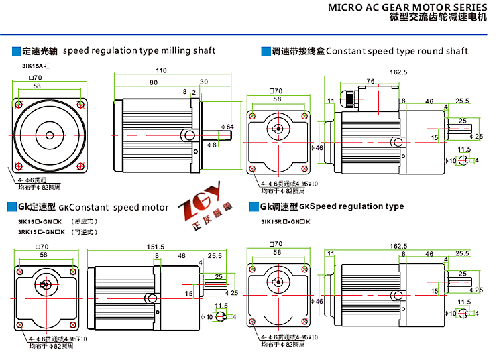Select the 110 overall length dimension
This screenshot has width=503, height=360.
(x=161, y=70)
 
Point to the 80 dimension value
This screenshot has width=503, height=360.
(x=154, y=82)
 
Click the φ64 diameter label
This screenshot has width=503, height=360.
(x=229, y=127)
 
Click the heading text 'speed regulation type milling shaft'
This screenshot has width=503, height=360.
(x=139, y=50)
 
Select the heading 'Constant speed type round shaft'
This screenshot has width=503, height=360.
(x=397, y=51)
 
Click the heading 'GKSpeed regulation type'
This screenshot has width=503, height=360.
(x=351, y=206)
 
